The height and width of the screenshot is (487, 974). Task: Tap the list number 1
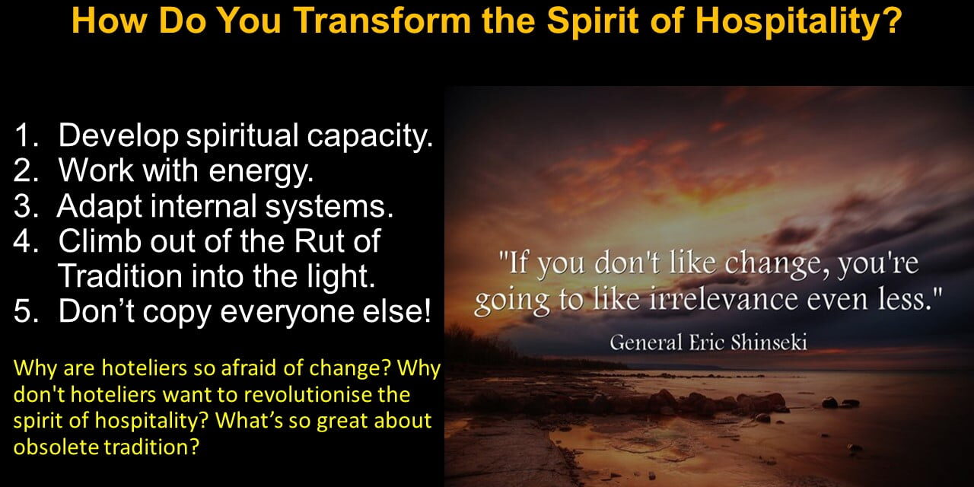(26, 135)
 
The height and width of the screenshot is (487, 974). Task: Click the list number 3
(27, 205)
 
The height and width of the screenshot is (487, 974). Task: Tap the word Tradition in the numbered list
(120, 275)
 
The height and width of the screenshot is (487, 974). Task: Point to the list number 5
(27, 311)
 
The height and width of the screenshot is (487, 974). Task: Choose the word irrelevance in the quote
(724, 299)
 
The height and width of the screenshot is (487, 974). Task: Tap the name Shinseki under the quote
(769, 342)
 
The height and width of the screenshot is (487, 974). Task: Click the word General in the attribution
(646, 342)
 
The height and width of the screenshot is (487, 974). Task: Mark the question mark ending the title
(893, 20)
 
